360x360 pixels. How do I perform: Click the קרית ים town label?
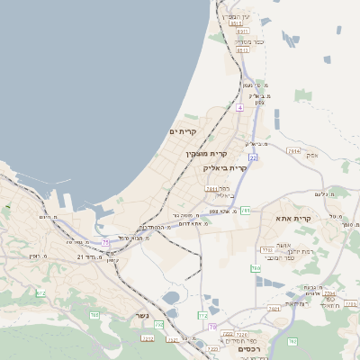(x=183, y=131)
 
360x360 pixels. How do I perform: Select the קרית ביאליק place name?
(x=226, y=168)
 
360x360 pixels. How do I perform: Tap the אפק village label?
(x=312, y=155)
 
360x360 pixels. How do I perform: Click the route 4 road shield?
(x=240, y=107)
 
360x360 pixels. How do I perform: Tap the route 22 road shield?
(x=254, y=157)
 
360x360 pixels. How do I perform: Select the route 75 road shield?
(x=105, y=242)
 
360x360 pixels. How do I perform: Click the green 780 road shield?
(x=256, y=268)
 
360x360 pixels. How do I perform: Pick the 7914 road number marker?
(x=293, y=151)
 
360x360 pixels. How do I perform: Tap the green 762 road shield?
(x=292, y=342)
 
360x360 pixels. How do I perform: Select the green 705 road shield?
(x=94, y=314)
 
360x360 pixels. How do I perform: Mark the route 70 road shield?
(x=212, y=327)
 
